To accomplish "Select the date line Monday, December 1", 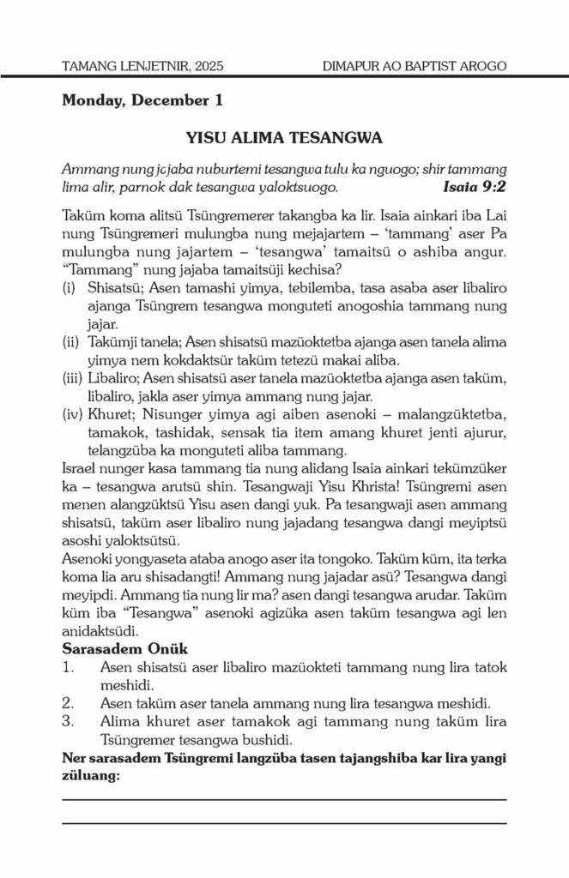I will pyautogui.click(x=142, y=101).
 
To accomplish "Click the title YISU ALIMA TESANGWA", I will pyautogui.click(x=284, y=137).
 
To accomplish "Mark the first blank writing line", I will pyautogui.click(x=284, y=799).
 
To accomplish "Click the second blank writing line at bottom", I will pyautogui.click(x=284, y=823).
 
